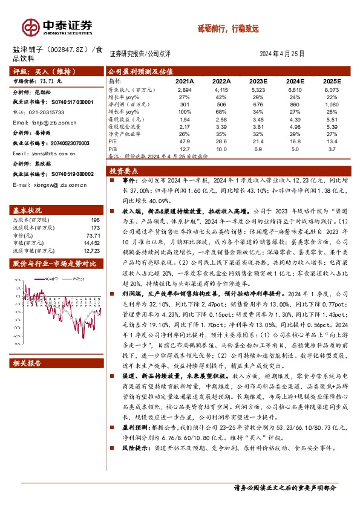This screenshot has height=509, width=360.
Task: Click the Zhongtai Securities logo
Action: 58,25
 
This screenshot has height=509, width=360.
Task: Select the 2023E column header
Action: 257,80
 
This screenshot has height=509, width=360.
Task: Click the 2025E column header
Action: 332,80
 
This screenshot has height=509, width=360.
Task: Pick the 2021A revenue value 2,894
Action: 184,89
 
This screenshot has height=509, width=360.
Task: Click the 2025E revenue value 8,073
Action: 332,89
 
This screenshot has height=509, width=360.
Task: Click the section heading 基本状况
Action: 27,210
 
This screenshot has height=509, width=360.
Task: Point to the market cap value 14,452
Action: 90,242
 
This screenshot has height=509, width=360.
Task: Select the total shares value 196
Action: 94,220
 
